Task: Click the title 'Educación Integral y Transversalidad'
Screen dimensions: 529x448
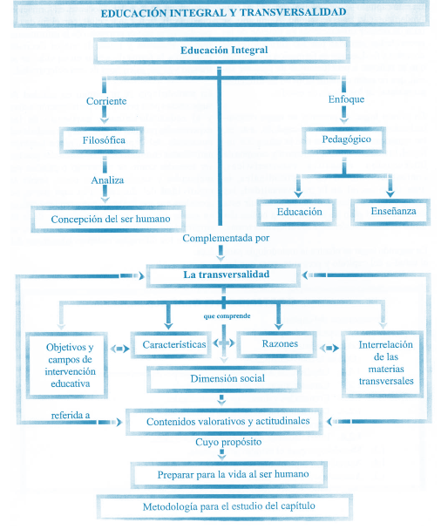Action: [223, 13]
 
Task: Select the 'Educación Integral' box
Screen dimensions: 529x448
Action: [223, 51]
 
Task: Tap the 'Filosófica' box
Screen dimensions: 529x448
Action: [100, 139]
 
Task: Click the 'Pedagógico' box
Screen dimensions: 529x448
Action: [347, 139]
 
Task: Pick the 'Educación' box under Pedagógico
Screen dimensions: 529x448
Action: [299, 212]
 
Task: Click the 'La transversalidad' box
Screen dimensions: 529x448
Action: [225, 275]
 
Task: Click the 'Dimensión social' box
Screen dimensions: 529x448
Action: [223, 378]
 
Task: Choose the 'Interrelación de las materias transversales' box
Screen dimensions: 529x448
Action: [384, 363]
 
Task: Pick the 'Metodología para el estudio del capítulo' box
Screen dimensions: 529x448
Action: [223, 506]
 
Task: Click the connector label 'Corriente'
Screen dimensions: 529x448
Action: [106, 101]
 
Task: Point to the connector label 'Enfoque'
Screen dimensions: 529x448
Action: [347, 99]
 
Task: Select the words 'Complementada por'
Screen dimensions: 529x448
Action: [225, 237]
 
